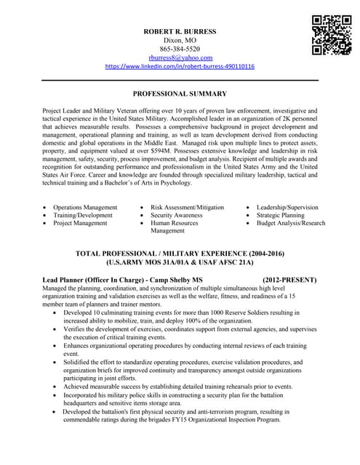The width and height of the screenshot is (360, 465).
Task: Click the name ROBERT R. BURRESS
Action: [180, 31]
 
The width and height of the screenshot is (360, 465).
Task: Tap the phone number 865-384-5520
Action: [180, 49]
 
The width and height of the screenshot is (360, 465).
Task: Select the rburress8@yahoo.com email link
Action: [180, 57]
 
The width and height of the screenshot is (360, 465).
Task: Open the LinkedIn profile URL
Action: [180, 66]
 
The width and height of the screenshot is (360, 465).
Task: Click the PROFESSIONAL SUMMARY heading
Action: [180, 94]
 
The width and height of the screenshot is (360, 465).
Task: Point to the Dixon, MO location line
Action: [180, 40]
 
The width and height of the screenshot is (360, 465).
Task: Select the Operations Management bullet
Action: [85, 207]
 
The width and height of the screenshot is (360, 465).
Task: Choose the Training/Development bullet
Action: [83, 215]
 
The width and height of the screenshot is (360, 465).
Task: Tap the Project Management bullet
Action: [80, 223]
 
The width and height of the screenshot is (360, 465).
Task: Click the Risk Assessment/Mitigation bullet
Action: [187, 207]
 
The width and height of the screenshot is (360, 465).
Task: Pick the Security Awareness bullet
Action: [177, 215]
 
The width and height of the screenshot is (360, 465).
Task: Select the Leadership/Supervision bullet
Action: [287, 207]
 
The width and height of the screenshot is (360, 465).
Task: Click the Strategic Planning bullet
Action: [280, 215]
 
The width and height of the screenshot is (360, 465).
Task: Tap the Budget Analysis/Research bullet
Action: [290, 223]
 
